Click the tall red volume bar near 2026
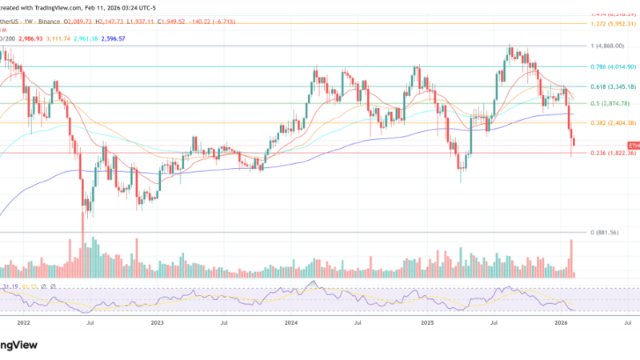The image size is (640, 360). [571, 258]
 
